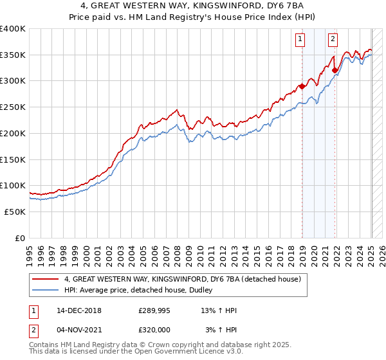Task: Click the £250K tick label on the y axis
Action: point(13,107)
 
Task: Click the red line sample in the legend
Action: point(46,279)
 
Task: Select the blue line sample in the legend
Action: point(46,291)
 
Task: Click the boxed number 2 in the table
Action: point(34,330)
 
